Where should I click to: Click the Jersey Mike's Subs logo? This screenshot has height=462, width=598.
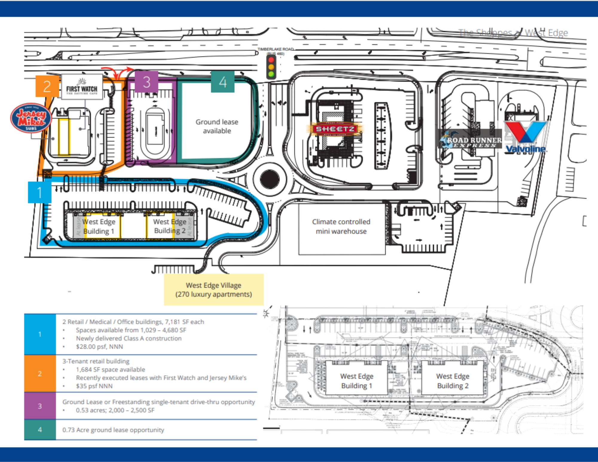31,118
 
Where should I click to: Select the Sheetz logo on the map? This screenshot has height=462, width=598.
335,129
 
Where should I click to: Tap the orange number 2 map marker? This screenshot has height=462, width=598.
47,86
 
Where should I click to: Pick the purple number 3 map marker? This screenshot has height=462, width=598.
147,82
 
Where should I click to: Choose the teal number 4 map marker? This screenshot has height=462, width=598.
223,82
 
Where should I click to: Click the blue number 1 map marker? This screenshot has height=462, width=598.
39,192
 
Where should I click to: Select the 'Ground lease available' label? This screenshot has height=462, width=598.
217,126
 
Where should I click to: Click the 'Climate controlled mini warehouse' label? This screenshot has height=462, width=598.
341,226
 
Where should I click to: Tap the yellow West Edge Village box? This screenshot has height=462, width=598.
213,289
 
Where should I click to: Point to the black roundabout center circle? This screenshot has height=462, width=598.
270,179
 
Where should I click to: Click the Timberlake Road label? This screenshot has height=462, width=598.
276,49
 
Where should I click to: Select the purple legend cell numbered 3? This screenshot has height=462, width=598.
40,406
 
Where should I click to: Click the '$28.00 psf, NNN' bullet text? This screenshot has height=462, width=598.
99,347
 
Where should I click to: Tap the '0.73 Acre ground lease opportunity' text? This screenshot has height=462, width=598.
113,430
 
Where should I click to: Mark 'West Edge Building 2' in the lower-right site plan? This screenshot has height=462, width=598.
453,381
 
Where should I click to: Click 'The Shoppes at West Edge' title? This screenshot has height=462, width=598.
513,33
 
